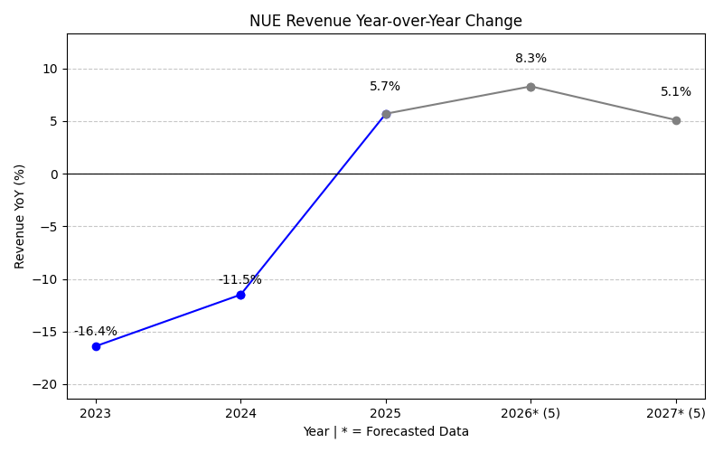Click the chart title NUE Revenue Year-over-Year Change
coord(386,21)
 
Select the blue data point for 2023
coord(96,346)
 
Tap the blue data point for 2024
coord(240,295)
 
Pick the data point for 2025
coord(386,114)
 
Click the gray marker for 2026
coord(531,87)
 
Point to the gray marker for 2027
coord(676,120)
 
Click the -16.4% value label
coord(96,332)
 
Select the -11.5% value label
coord(240,280)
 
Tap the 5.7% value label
coord(385,87)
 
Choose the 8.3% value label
coord(531,59)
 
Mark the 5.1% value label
coord(676,92)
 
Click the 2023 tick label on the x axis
coord(96,413)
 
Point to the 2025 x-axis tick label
coord(386,413)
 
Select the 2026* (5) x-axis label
coord(531,413)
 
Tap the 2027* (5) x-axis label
coord(676,413)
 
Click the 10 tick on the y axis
coord(50,69)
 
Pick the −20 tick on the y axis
coord(42,384)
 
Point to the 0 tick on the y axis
coord(53,174)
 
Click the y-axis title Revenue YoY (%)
coord(20,216)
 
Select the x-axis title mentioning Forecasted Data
coord(386,432)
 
